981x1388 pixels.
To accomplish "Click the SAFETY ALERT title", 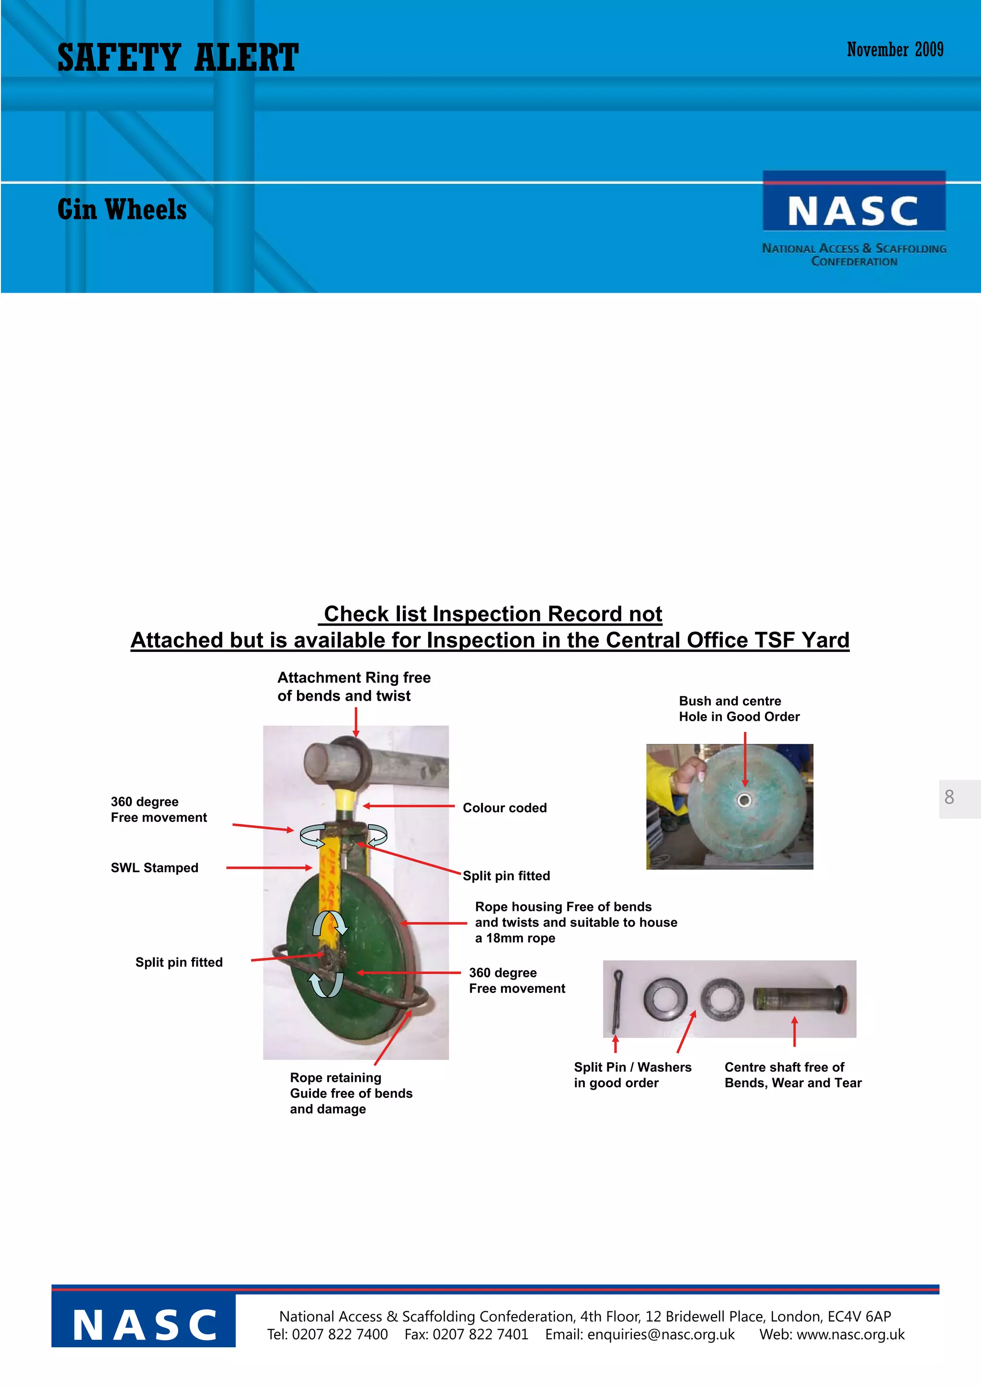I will [x=178, y=57].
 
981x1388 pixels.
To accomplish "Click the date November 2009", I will [x=895, y=50].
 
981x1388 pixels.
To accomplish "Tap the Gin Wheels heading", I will [x=122, y=210].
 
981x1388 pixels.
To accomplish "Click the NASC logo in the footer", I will [x=144, y=1325].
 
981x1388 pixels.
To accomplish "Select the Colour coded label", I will [x=505, y=808].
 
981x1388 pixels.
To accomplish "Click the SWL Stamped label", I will [x=154, y=867].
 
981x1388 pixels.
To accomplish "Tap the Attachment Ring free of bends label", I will [x=354, y=686].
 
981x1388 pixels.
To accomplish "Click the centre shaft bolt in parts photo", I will [x=799, y=999].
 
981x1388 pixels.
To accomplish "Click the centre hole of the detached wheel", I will [x=745, y=800].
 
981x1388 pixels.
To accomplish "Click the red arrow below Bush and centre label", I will [x=745, y=759].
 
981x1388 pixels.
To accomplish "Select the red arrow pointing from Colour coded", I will [x=409, y=806].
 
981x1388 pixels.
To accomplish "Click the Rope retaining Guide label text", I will [x=351, y=1093].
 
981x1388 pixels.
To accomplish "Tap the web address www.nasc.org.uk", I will [x=850, y=1334].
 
